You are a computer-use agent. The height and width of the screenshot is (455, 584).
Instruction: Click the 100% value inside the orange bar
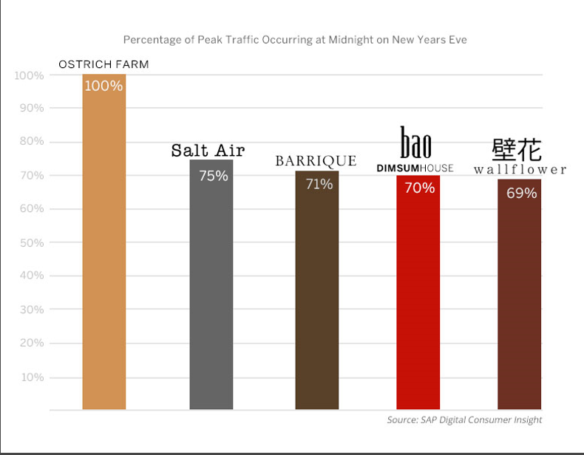click(103, 86)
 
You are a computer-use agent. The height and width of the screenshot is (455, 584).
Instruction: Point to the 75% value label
click(213, 176)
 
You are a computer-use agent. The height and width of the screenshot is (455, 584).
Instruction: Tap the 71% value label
click(319, 184)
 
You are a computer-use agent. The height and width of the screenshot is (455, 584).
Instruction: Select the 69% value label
click(521, 194)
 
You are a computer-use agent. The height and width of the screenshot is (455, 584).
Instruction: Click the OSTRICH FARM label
click(103, 64)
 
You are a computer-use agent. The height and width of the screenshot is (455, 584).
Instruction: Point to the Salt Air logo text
click(208, 151)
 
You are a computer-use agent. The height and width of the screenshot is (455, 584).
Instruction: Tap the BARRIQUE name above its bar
click(316, 161)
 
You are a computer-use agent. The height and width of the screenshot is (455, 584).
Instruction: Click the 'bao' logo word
click(415, 143)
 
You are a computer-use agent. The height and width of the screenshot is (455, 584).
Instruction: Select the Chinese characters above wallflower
click(517, 149)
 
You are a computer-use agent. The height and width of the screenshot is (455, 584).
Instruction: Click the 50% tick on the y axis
click(30, 242)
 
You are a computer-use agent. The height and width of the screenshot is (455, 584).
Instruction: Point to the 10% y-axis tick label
click(31, 377)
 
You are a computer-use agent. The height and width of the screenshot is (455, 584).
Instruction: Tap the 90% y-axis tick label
click(30, 108)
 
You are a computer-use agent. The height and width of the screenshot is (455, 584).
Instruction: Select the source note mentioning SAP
click(464, 420)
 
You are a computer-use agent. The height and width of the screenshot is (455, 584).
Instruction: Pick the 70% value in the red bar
click(419, 188)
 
